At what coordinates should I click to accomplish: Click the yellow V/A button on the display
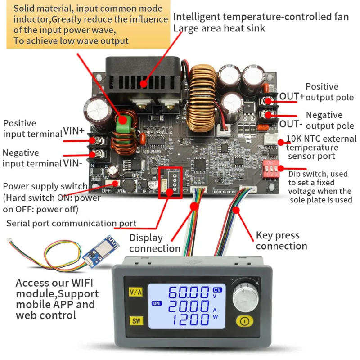click(x=135, y=292)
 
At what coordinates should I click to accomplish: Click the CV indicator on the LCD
click(x=217, y=289)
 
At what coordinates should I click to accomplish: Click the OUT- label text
click(x=291, y=124)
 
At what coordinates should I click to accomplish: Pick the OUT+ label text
click(x=292, y=96)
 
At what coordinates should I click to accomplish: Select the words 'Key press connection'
click(x=281, y=240)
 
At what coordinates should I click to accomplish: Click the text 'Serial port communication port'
click(x=71, y=223)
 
